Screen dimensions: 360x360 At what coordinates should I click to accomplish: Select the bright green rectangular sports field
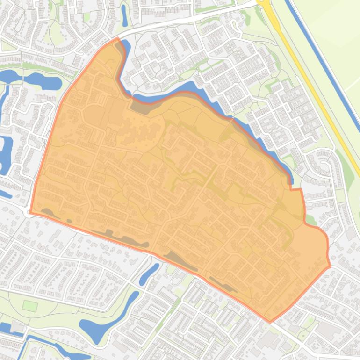[x=30, y=306]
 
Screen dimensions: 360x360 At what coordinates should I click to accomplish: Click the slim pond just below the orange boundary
[x=149, y=274]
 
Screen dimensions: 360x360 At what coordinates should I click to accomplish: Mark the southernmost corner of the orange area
[x=270, y=322]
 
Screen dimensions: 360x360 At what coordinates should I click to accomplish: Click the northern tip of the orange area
[x=117, y=39]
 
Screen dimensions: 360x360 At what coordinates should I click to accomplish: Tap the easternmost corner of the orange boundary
[x=330, y=266]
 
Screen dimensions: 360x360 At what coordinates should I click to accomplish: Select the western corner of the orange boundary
[x=30, y=213]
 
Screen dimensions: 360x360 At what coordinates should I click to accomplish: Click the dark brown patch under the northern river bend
[x=140, y=108]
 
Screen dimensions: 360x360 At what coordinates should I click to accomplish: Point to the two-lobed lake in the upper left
[x=33, y=80]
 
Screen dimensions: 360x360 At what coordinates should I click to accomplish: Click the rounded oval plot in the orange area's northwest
[x=94, y=114]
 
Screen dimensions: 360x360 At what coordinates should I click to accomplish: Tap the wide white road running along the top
[x=187, y=19]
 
